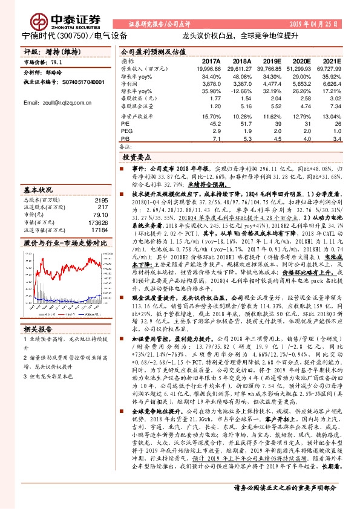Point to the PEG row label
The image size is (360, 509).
[x=125, y=130]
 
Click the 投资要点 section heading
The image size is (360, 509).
[x=143, y=155]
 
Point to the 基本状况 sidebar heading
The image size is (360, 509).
[x=40, y=189]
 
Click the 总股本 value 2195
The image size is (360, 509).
[x=101, y=200]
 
